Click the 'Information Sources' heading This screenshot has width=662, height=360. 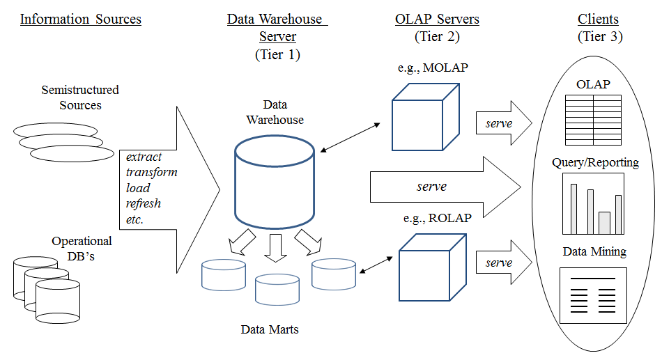pyautogui.click(x=80, y=19)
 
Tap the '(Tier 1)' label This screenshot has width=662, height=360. pyautogui.click(x=277, y=55)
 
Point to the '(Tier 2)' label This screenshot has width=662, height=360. pyautogui.click(x=437, y=37)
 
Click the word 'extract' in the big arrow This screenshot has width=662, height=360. pyautogui.click(x=143, y=157)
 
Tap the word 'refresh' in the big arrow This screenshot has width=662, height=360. pyautogui.click(x=144, y=203)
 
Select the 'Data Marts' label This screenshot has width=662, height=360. pyautogui.click(x=270, y=329)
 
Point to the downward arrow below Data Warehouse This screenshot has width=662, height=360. pyautogui.click(x=276, y=247)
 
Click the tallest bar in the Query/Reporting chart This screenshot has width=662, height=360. pyautogui.click(x=574, y=208)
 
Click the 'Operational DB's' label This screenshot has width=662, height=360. pyautogui.click(x=82, y=248)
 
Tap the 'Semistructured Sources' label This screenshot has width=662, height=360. pyautogui.click(x=80, y=97)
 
